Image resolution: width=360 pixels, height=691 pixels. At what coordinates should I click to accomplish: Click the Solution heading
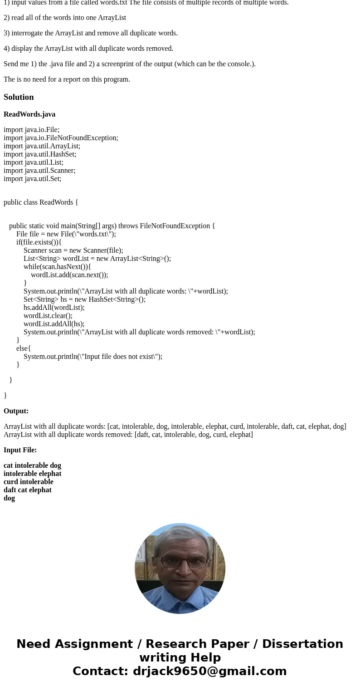pyautogui.click(x=19, y=97)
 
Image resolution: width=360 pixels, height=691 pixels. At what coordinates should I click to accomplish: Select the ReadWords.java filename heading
pyautogui.click(x=29, y=114)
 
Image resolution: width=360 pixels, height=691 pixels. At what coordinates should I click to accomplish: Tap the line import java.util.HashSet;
pyautogui.click(x=40, y=154)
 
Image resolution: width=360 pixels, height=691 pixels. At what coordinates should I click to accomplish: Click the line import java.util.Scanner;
pyautogui.click(x=39, y=171)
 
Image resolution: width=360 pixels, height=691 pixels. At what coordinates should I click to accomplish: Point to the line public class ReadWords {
pyautogui.click(x=41, y=202)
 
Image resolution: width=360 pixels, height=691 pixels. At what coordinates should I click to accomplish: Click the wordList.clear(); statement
pyautogui.click(x=48, y=316)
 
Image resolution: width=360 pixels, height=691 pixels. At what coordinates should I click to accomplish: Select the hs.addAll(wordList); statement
pyautogui.click(x=54, y=308)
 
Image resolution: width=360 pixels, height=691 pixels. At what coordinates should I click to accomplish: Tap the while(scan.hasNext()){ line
pyautogui.click(x=57, y=267)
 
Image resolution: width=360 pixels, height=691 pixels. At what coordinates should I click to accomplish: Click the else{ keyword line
pyautogui.click(x=24, y=348)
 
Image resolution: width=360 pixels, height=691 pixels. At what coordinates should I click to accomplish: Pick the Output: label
pyautogui.click(x=16, y=411)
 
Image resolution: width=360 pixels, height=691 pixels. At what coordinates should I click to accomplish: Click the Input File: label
pyautogui.click(x=20, y=450)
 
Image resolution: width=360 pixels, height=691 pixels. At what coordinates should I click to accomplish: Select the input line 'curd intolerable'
pyautogui.click(x=29, y=482)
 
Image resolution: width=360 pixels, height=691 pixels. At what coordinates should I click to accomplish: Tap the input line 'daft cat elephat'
pyautogui.click(x=28, y=490)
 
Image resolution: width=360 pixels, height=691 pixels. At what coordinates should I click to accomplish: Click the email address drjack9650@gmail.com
pyautogui.click(x=209, y=671)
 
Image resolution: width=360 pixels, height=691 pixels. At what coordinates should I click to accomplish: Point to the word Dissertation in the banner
pyautogui.click(x=302, y=644)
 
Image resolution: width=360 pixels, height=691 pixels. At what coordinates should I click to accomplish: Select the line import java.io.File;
pyautogui.click(x=31, y=130)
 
